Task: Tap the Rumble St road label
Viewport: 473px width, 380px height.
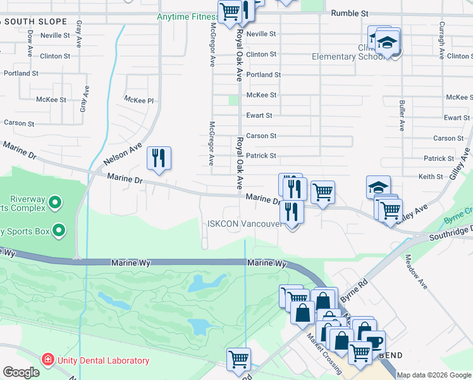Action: [350, 13]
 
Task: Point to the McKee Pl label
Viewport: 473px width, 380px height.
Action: [139, 100]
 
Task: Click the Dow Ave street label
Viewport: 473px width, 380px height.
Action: [30, 44]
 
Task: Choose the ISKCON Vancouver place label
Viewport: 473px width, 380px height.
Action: [244, 224]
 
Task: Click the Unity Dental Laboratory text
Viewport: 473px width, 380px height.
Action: [103, 361]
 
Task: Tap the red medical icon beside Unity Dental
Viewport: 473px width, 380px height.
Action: [47, 360]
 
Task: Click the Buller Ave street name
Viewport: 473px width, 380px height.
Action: [402, 115]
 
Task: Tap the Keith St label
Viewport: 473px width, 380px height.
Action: [431, 177]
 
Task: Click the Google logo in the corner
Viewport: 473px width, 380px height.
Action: [21, 372]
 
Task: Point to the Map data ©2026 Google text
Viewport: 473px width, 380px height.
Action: [434, 375]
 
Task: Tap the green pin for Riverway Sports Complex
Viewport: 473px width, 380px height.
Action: [55, 203]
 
